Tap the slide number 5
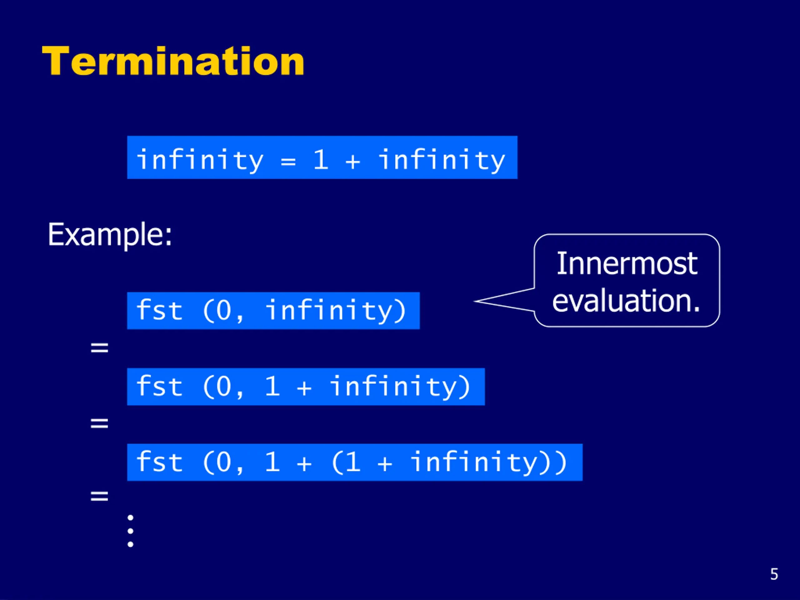click(774, 574)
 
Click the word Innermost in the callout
click(627, 264)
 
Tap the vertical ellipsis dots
click(131, 531)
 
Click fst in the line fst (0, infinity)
click(159, 310)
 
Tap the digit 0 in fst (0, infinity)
click(223, 310)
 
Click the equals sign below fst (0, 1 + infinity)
click(99, 423)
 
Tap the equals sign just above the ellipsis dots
click(99, 496)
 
